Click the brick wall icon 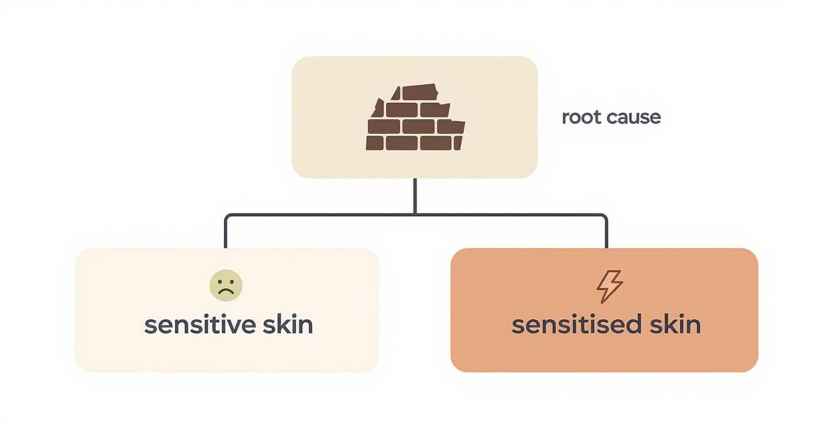tap(415, 118)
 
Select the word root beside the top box tap(580, 117)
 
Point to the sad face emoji tap(226, 286)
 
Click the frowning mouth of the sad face tap(226, 292)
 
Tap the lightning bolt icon tap(609, 286)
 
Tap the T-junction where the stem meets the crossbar tap(415, 215)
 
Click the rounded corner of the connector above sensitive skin tap(227, 216)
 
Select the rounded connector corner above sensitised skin tap(604, 216)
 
